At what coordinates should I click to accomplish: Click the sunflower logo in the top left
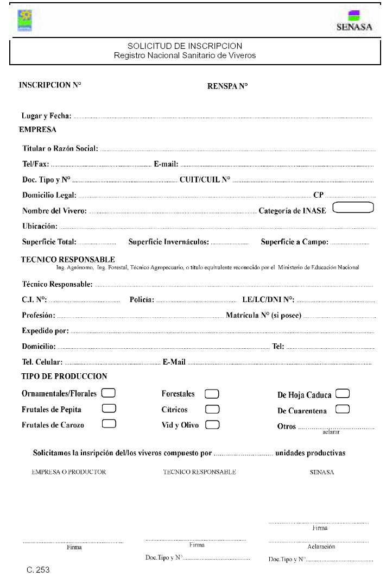(26, 20)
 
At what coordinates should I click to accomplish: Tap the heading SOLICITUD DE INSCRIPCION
(185, 46)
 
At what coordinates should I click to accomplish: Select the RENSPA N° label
(227, 86)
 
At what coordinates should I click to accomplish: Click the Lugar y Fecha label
(46, 116)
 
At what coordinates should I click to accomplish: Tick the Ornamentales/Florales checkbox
(109, 392)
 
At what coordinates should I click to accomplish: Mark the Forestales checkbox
(211, 393)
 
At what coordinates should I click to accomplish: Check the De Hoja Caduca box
(343, 393)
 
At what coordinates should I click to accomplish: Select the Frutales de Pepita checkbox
(109, 408)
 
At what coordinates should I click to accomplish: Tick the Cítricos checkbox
(212, 409)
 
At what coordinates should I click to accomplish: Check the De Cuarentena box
(343, 409)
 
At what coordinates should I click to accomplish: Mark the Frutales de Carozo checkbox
(109, 424)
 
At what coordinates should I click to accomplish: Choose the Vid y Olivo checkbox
(212, 424)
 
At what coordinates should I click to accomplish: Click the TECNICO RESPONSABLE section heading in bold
(67, 259)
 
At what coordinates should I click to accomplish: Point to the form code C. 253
(39, 570)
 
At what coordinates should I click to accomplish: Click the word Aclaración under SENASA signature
(321, 547)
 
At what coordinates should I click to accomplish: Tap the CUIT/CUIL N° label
(205, 179)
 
